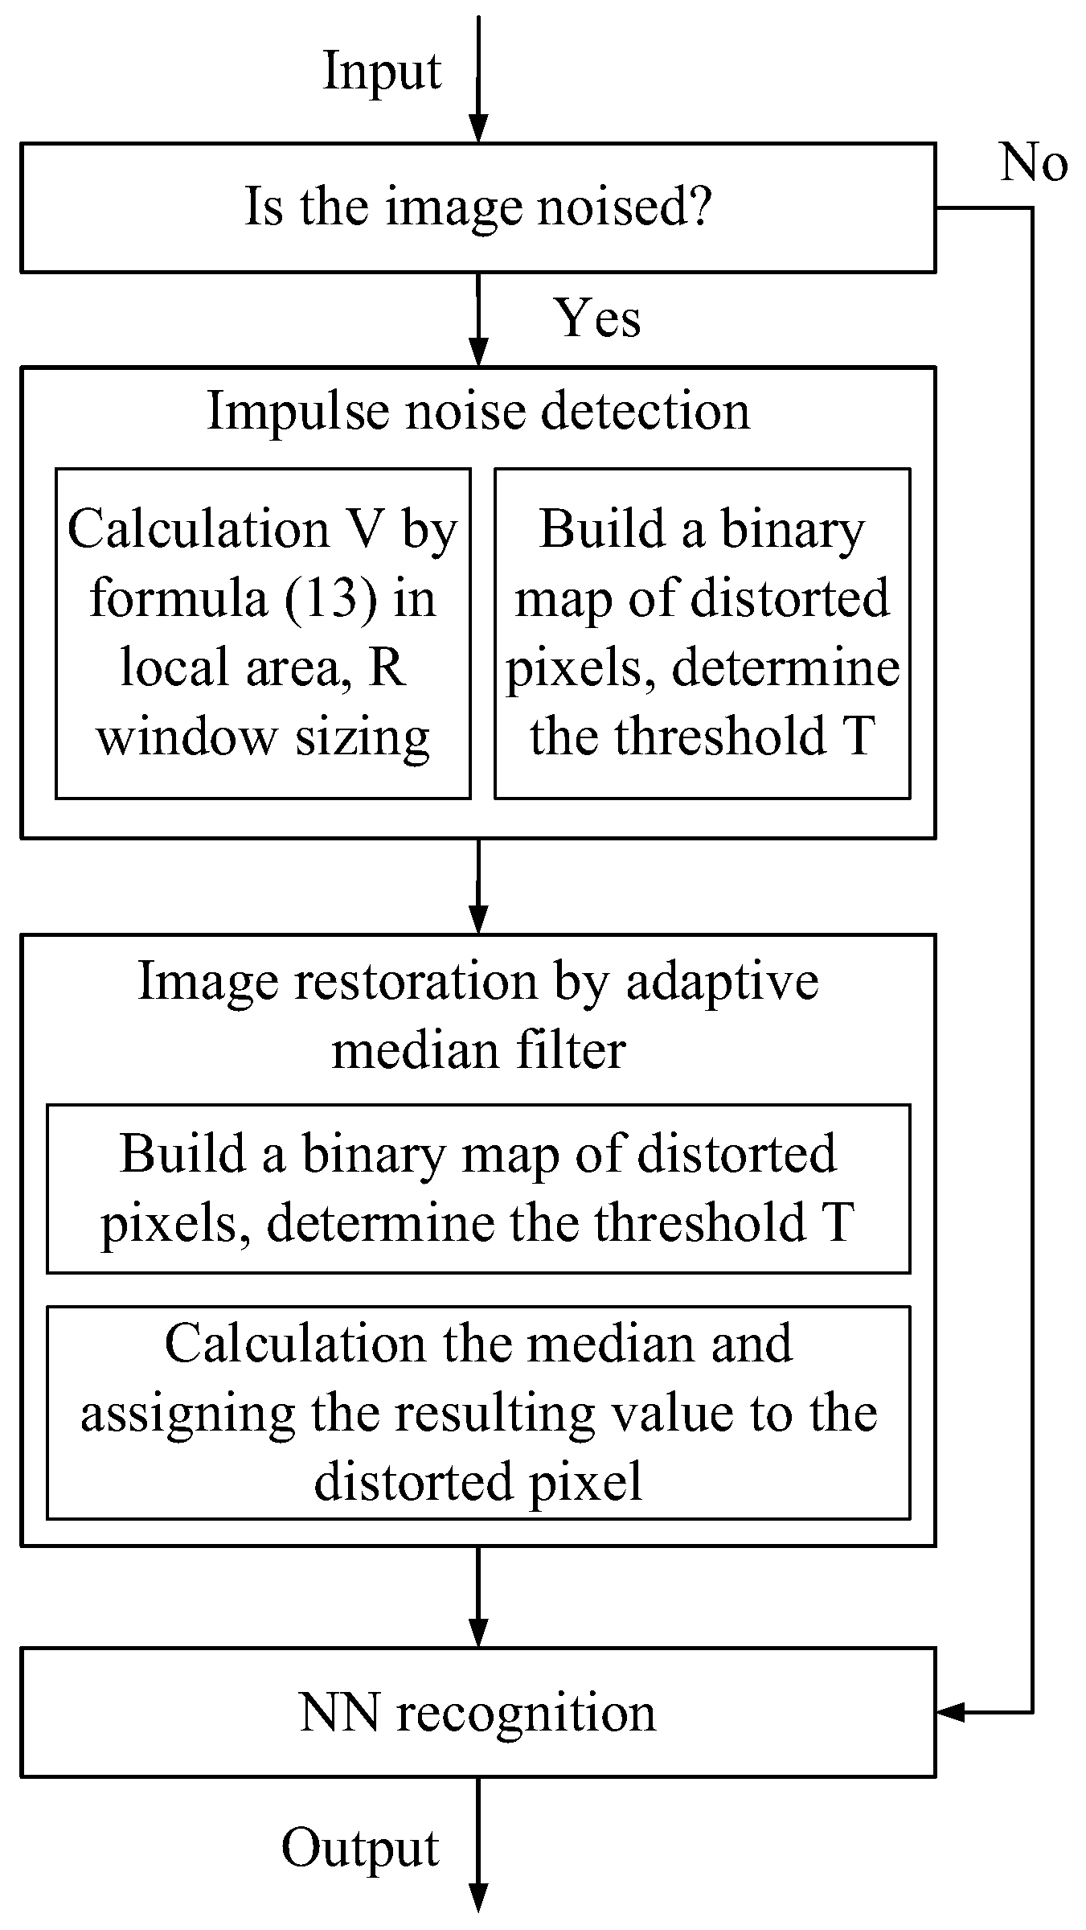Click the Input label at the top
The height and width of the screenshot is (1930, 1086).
[382, 72]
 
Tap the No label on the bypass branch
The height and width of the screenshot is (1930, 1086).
[1033, 163]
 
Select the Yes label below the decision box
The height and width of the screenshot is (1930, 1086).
[597, 318]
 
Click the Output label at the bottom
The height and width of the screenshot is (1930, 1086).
[360, 1848]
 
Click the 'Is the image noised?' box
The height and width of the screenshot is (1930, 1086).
[477, 207]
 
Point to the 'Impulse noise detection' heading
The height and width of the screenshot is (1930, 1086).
[478, 412]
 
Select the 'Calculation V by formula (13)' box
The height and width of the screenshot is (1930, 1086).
[263, 633]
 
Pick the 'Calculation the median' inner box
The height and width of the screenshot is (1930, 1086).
[477, 1412]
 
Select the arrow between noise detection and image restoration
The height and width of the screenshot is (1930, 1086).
[478, 885]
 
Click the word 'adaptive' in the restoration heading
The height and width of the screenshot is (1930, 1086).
[722, 982]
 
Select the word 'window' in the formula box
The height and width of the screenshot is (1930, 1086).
[186, 737]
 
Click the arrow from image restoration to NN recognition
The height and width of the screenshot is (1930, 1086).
[478, 1596]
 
